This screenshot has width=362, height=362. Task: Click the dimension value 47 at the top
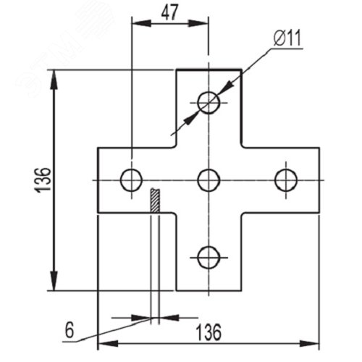point(169,12)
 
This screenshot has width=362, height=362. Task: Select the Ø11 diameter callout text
point(287,38)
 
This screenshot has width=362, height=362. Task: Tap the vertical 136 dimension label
point(43,180)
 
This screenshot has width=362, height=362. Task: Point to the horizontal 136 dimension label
point(208,332)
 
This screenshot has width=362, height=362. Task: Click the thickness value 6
point(70,330)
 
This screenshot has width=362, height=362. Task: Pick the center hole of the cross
point(209,180)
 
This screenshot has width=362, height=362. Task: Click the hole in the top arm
point(209,103)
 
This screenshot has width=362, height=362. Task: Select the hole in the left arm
point(131,180)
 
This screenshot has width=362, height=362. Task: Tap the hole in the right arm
point(286,180)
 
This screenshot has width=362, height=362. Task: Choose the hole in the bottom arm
point(209,258)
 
